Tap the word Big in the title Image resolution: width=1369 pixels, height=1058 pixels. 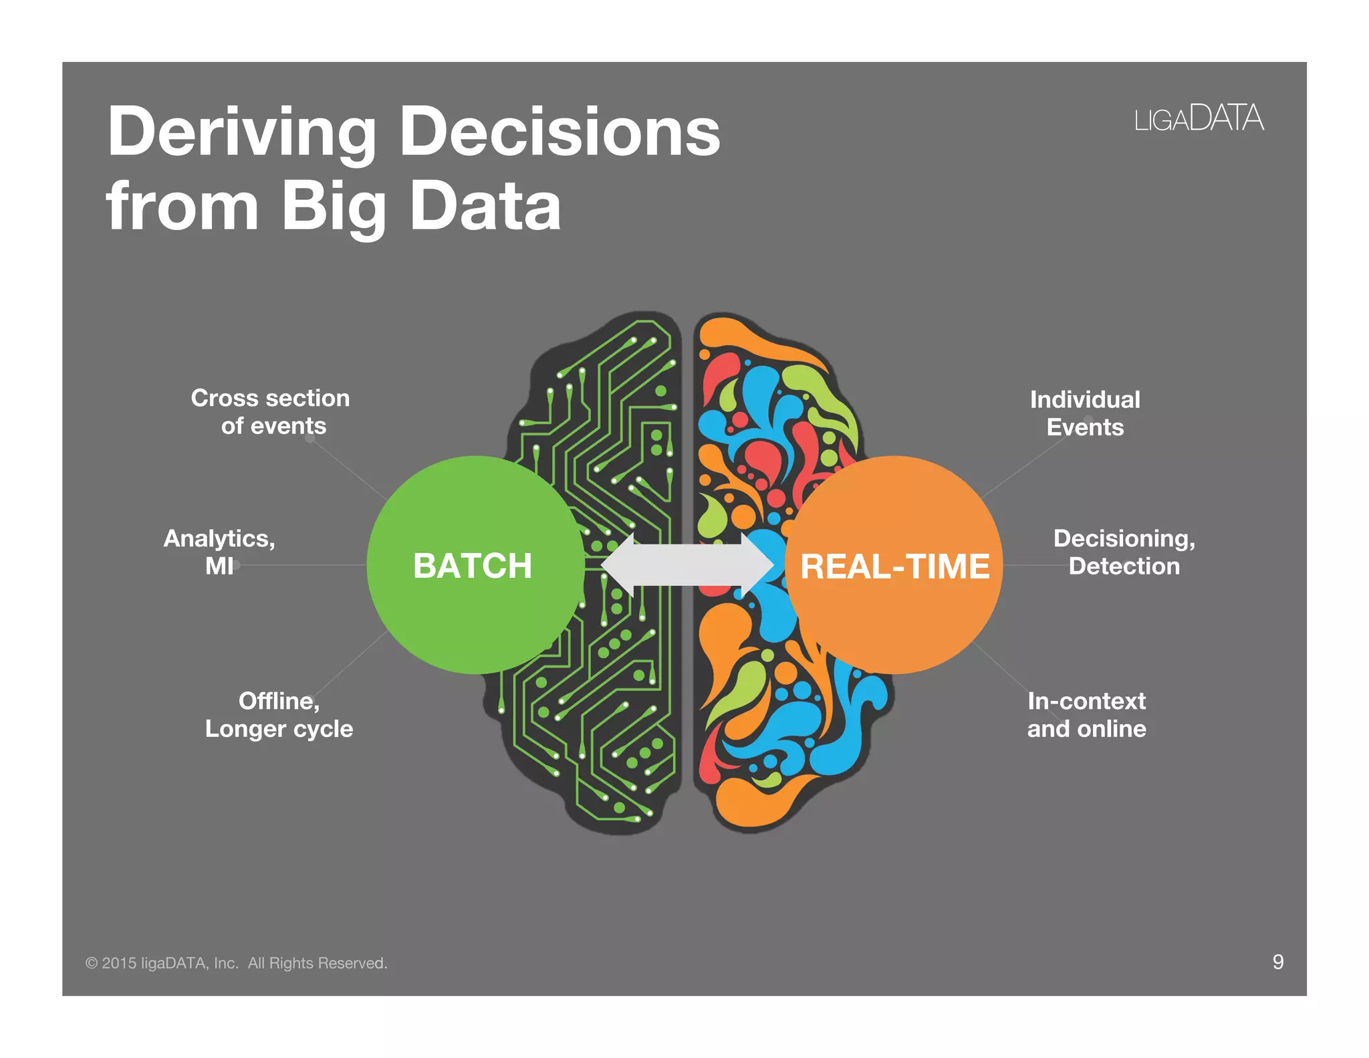click(334, 207)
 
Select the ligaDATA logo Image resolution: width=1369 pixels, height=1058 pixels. click(1199, 119)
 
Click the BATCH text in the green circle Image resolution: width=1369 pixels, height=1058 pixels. click(473, 566)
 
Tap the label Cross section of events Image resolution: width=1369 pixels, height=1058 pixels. click(271, 412)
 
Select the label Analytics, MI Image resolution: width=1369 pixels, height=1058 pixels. click(219, 552)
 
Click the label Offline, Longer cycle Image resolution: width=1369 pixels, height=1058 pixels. click(279, 715)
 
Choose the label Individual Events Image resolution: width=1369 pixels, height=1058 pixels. click(1085, 413)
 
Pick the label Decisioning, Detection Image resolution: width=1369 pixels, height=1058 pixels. click(1124, 552)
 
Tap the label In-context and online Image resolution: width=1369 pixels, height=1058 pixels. click(1086, 715)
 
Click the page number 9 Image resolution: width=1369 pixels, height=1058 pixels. click(1277, 962)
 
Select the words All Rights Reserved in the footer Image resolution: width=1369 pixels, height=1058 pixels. click(318, 963)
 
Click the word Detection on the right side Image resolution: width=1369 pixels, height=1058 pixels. click(1124, 566)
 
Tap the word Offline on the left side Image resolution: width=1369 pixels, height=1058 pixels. click(279, 701)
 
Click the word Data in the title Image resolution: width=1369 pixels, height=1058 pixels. click(485, 207)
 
